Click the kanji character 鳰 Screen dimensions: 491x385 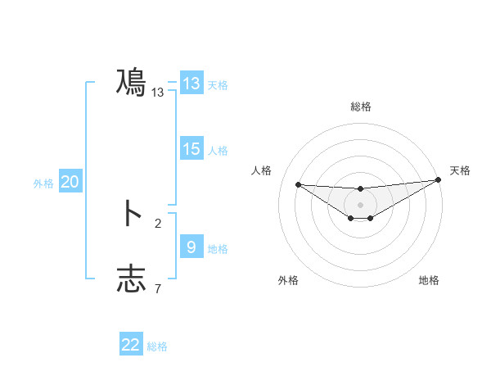coord(131,83)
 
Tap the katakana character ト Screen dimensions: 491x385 coord(131,213)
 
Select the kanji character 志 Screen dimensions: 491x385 coord(131,279)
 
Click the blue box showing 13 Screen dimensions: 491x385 coord(191,84)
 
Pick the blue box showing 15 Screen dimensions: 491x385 coord(191,149)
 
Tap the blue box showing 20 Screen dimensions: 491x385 coord(70,183)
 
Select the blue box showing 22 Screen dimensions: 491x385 coord(131,345)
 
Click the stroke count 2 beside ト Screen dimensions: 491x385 coord(158,223)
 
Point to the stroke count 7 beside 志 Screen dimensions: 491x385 coord(158,288)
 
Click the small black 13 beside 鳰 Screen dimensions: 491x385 coord(158,93)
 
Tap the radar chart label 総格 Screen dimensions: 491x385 coord(360,106)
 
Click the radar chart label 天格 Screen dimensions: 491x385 coord(460,170)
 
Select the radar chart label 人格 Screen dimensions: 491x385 coord(262,170)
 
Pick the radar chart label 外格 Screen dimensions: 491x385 coord(287,280)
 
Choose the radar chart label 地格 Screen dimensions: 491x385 coord(429,280)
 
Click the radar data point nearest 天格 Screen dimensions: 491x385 coord(438,179)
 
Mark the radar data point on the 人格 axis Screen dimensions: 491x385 coord(298,184)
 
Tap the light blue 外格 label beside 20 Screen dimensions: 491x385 coord(43,183)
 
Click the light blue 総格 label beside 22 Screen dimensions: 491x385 coord(157,346)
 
